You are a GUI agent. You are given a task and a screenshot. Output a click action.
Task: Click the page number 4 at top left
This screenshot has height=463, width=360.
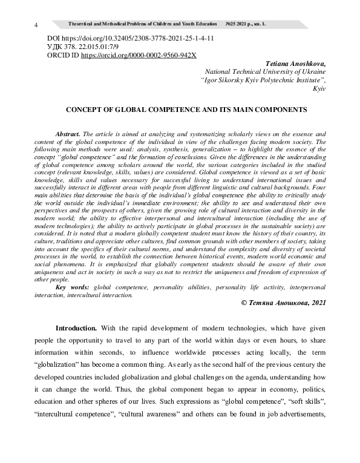(37, 25)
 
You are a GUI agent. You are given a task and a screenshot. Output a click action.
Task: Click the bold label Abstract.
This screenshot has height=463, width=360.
(67, 133)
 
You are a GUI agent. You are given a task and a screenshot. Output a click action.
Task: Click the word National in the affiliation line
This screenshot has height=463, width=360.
(220, 71)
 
